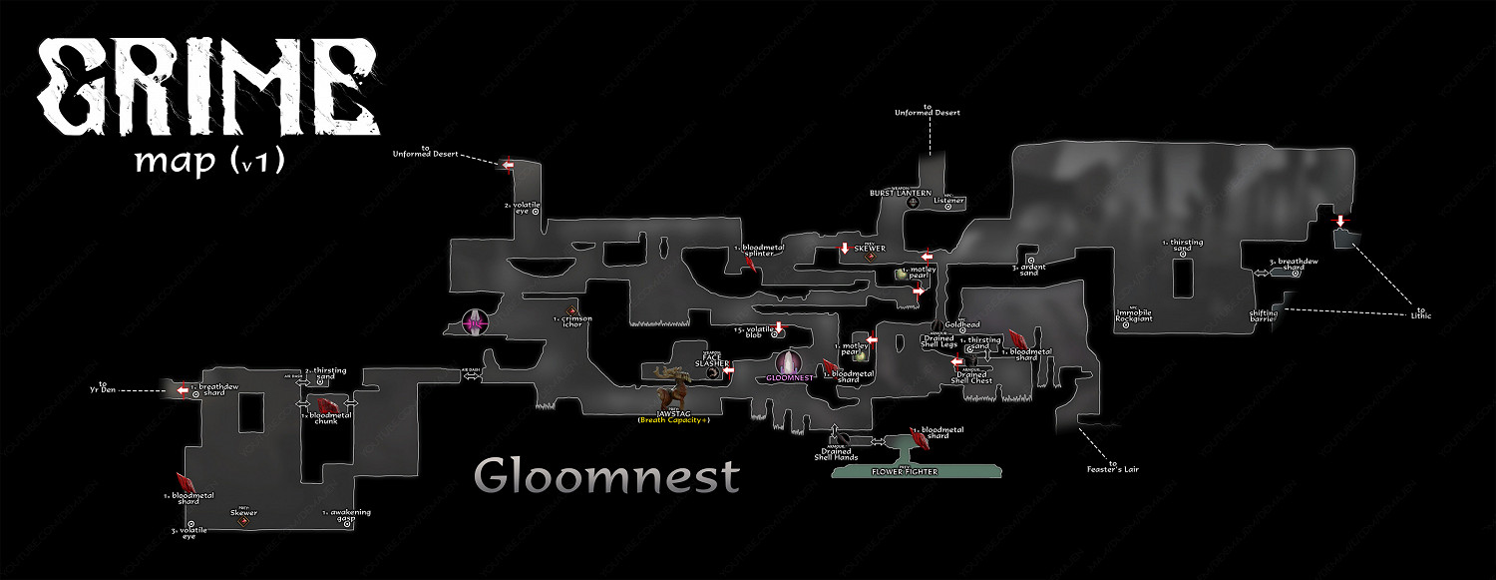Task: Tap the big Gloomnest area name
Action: point(606,476)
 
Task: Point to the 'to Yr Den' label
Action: point(103,386)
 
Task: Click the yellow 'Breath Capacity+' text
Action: point(674,420)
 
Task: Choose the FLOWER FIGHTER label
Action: point(905,471)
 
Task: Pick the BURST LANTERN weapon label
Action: point(901,193)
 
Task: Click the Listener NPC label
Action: point(949,201)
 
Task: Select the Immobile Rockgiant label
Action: point(1133,315)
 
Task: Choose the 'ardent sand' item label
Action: point(1030,268)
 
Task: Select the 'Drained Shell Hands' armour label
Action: point(836,454)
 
